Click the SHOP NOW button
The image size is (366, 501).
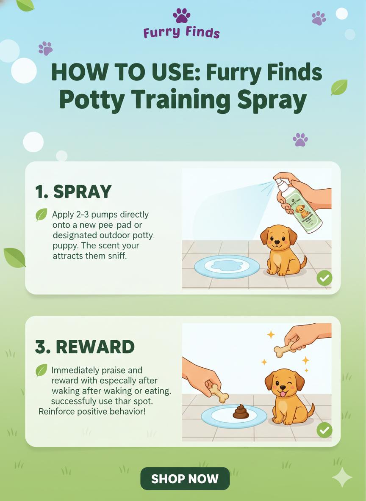coord(185,479)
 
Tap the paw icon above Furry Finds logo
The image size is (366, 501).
coord(181,16)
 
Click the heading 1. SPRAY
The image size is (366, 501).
coord(73,192)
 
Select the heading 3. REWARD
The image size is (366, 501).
coord(85,347)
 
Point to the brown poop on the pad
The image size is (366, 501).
coord(241,411)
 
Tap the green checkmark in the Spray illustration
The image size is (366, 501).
coord(324,278)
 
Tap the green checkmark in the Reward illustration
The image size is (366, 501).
coord(324,430)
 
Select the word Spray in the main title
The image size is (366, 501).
coord(271,100)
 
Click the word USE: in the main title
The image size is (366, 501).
coord(169,73)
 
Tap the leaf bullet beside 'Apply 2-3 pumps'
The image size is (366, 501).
coord(42,215)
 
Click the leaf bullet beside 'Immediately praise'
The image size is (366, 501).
coord(42,371)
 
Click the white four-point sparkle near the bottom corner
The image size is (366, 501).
coord(342,477)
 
